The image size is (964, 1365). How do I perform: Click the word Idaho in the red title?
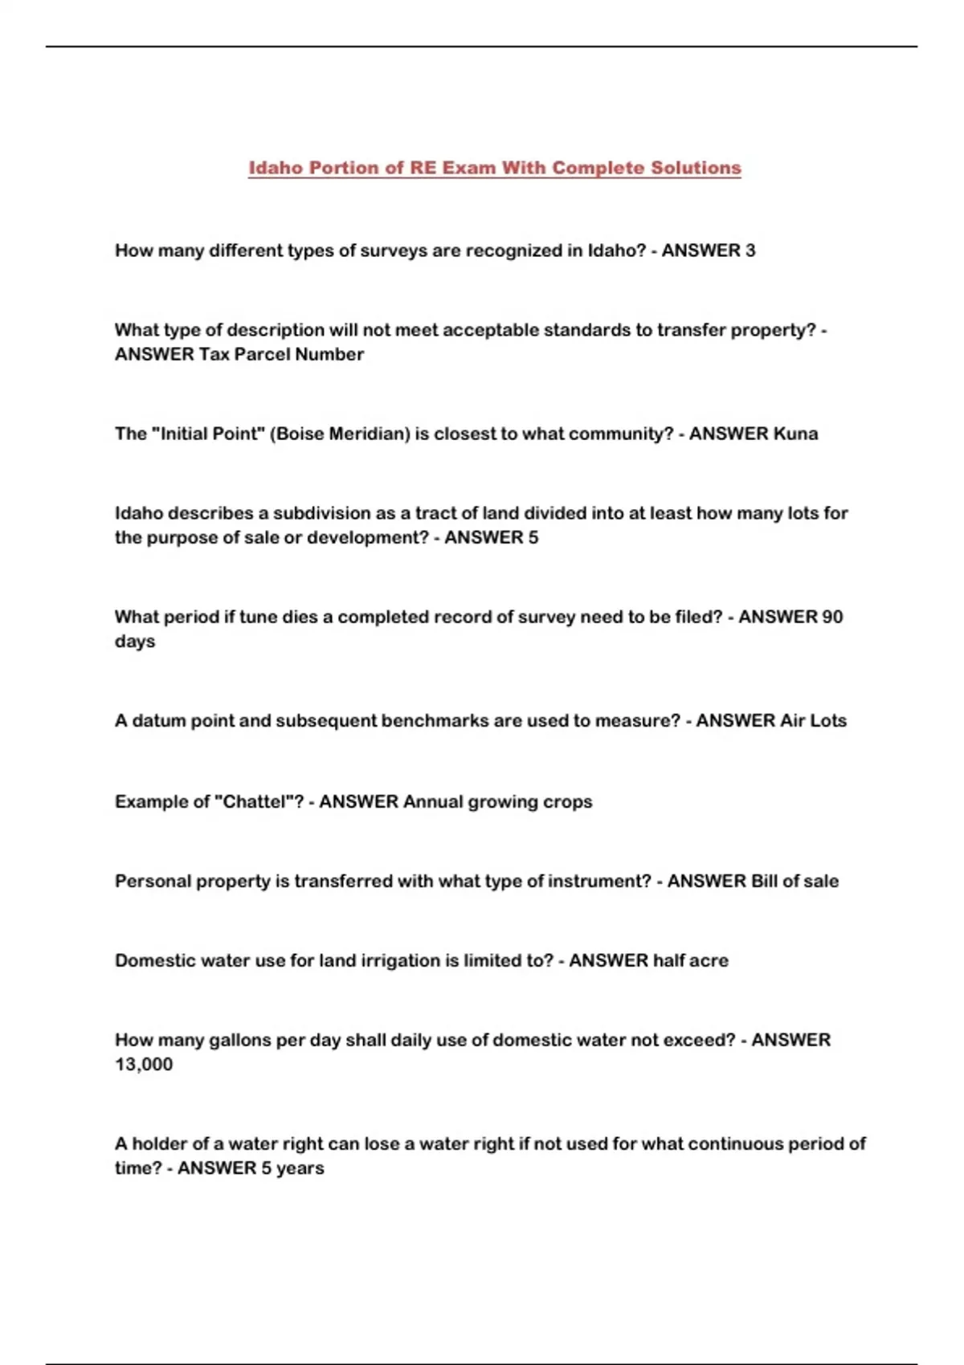[x=275, y=168]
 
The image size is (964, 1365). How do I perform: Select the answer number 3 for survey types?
[x=750, y=251]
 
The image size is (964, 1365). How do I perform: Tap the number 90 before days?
[x=833, y=617]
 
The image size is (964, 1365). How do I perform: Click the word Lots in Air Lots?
[x=827, y=720]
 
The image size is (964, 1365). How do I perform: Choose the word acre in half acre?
[x=709, y=960]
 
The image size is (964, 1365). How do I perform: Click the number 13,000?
[x=144, y=1064]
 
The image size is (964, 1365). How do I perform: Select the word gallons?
[x=240, y=1040]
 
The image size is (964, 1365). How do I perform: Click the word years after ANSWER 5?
[x=300, y=1167]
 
